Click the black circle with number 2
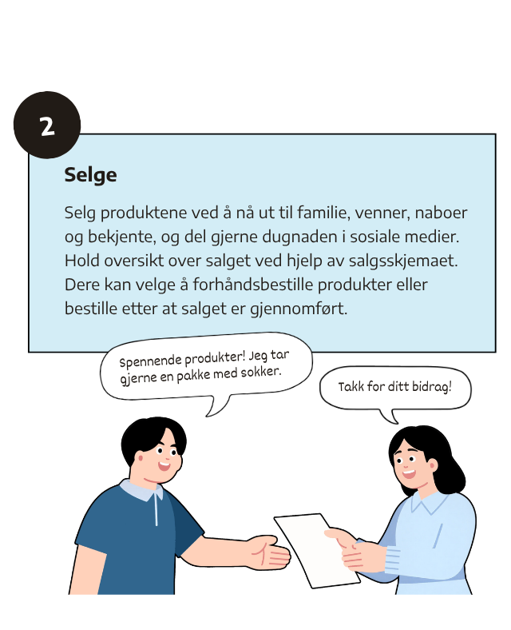pyautogui.click(x=47, y=125)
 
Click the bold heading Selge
pyautogui.click(x=91, y=175)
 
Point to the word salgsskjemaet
pyautogui.click(x=403, y=261)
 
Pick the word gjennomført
pyautogui.click(x=299, y=309)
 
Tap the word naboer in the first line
pyautogui.click(x=441, y=213)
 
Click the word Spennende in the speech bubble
pyautogui.click(x=151, y=361)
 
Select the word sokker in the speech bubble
pyautogui.click(x=261, y=372)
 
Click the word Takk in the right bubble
pyautogui.click(x=351, y=386)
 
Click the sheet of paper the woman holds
pyautogui.click(x=316, y=550)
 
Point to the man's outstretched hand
pyautogui.click(x=268, y=552)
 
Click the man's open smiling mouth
pyautogui.click(x=164, y=466)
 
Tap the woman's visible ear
pyautogui.click(x=433, y=466)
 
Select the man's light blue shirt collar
pyautogui.click(x=141, y=490)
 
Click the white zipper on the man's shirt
pyautogui.click(x=156, y=509)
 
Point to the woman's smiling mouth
pyautogui.click(x=408, y=474)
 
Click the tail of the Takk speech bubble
pyautogui.click(x=390, y=417)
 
